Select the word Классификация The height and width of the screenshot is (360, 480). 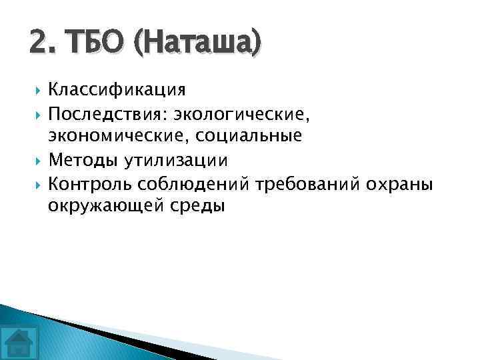tap(117, 89)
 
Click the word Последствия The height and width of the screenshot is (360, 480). tap(108, 113)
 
